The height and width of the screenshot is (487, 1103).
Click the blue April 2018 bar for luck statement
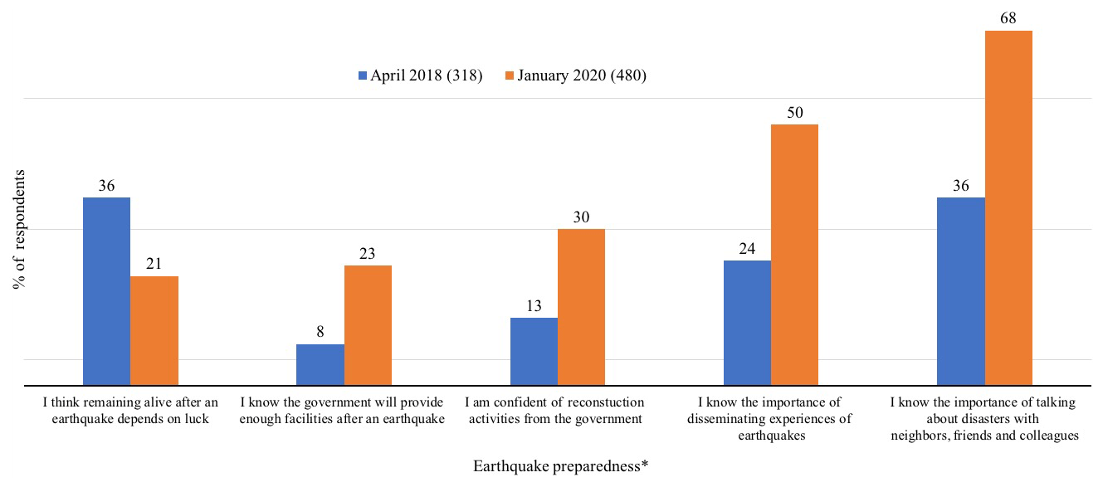(x=106, y=291)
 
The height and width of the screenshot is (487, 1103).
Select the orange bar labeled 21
(x=154, y=330)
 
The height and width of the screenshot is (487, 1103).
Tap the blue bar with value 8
(x=320, y=364)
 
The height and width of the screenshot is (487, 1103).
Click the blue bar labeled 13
(x=534, y=351)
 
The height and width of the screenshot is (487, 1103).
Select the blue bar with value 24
(x=747, y=323)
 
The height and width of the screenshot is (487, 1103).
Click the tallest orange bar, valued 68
(x=1008, y=207)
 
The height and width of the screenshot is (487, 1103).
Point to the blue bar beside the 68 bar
(x=961, y=291)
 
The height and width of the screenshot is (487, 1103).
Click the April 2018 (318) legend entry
(x=420, y=75)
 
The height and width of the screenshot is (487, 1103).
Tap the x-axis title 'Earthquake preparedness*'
(x=560, y=466)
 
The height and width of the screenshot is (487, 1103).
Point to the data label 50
(x=794, y=112)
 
